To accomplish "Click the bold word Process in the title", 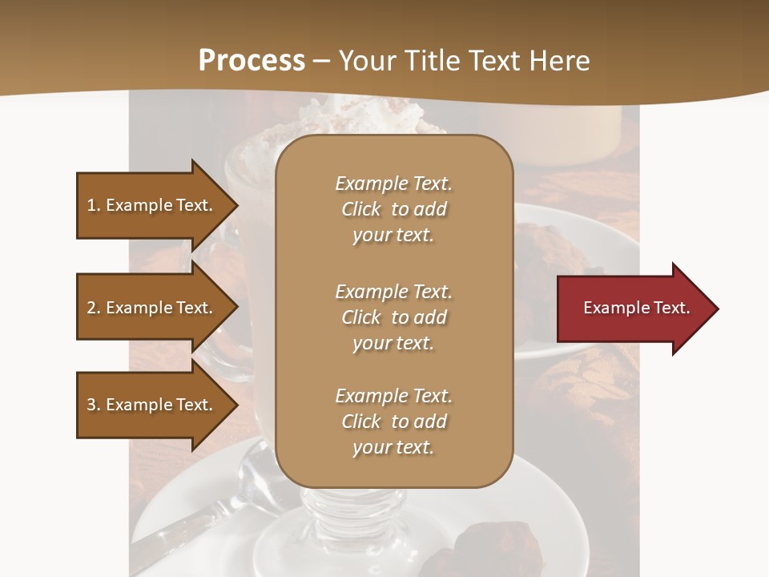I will (252, 61).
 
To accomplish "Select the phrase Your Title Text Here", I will (464, 61).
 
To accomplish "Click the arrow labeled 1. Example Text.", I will (152, 205).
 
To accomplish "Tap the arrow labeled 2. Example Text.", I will (152, 308).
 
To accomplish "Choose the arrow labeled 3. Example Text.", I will (152, 405).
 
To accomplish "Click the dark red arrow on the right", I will (633, 309).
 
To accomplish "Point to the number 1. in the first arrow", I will (94, 205).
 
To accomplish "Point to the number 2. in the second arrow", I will (94, 308).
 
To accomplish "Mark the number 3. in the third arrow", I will (94, 405).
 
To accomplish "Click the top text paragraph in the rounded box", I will (393, 209).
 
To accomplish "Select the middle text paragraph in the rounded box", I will (393, 317).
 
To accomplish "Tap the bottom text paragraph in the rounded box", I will (393, 422).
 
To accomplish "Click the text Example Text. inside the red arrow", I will (636, 308).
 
